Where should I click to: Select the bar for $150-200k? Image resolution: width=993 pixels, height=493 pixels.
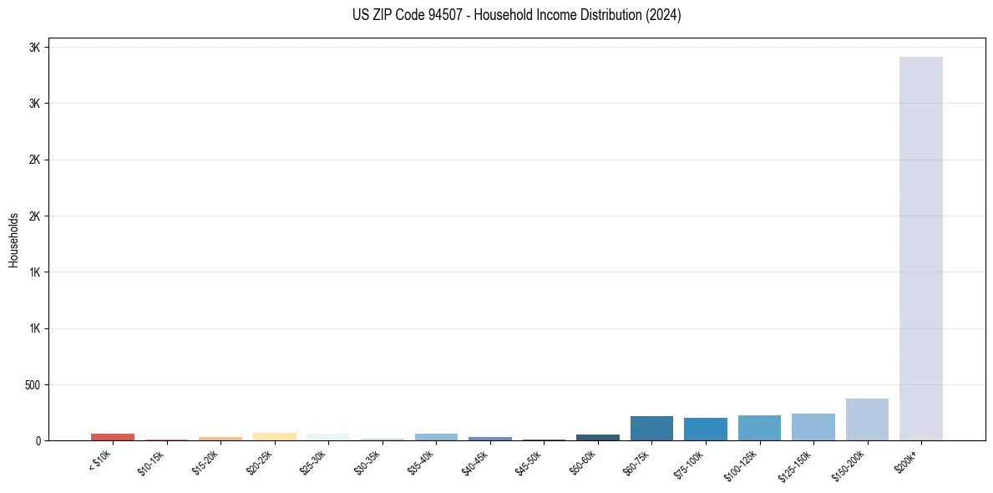click(867, 419)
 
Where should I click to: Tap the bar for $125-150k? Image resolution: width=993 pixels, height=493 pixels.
click(813, 427)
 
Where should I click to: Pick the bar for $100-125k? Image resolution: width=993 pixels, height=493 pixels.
click(759, 428)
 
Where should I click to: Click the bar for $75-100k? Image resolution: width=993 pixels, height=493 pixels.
click(705, 429)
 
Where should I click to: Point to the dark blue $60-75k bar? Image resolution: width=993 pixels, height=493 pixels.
click(651, 429)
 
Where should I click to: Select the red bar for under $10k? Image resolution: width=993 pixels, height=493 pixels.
click(113, 437)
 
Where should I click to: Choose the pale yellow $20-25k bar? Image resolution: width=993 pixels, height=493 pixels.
click(274, 436)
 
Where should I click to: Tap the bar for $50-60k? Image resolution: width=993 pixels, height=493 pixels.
click(597, 437)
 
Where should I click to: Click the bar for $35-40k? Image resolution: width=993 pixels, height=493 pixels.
click(436, 437)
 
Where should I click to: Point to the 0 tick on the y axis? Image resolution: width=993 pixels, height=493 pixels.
click(38, 441)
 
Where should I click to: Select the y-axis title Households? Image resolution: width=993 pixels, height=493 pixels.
click(13, 240)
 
